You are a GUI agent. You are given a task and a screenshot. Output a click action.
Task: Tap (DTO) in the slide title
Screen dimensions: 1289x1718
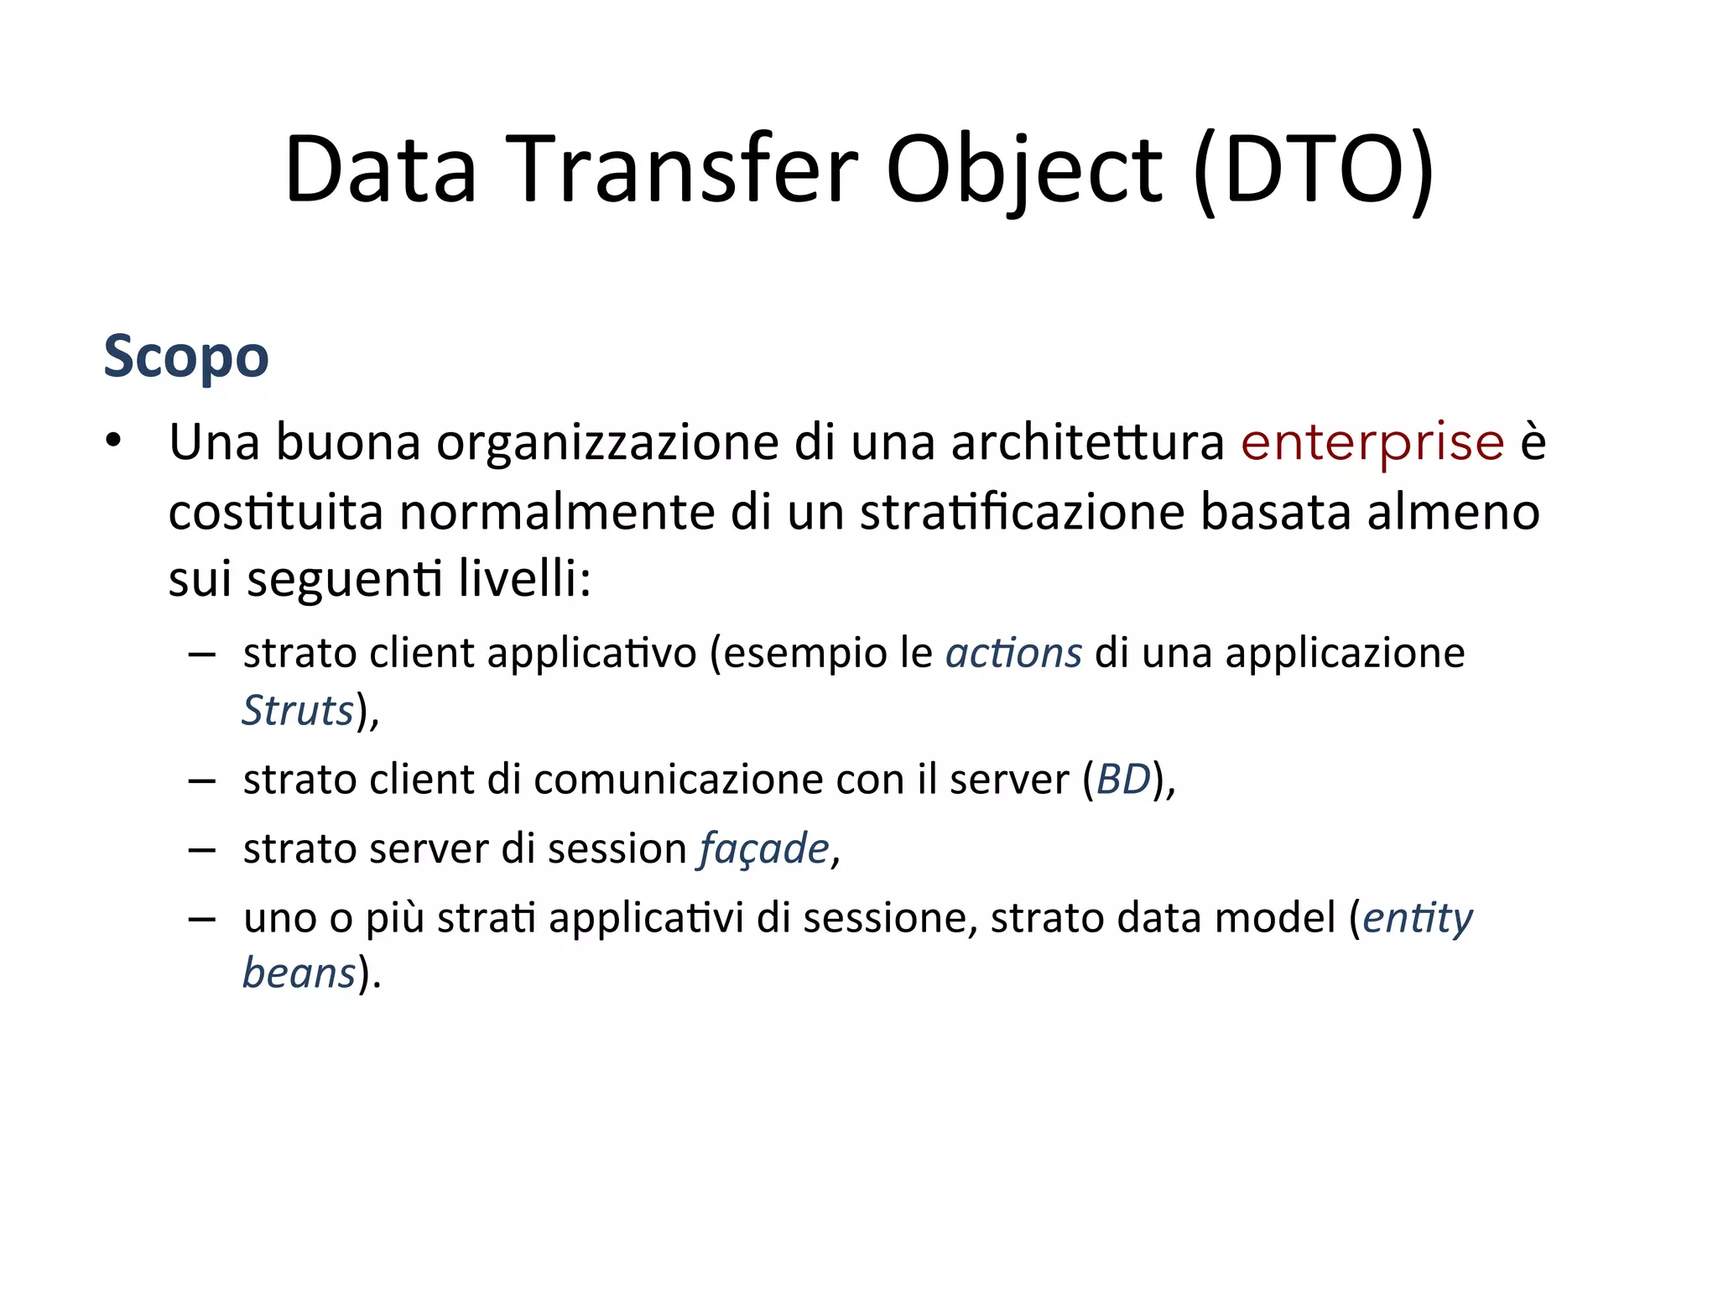point(1313,170)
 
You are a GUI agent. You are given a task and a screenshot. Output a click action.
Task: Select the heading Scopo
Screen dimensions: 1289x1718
point(186,357)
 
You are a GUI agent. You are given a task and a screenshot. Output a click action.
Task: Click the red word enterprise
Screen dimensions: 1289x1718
point(1372,442)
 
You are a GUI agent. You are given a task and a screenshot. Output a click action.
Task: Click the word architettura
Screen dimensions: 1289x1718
point(1087,442)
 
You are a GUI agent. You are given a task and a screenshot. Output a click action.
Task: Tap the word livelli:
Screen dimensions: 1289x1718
point(525,578)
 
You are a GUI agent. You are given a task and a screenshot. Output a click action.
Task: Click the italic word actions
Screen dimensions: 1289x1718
point(1013,653)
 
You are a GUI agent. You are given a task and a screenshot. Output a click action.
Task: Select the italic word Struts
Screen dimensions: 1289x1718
point(298,710)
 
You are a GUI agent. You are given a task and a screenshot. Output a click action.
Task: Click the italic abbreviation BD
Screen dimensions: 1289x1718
point(1123,780)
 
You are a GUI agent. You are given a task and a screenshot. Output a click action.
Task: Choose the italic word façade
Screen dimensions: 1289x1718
point(764,848)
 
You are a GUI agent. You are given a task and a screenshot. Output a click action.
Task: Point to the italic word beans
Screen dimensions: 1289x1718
point(299,973)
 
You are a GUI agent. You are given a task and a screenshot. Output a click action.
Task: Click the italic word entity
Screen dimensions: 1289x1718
point(1418,918)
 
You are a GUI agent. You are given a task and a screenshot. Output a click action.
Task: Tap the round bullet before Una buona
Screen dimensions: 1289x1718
point(113,441)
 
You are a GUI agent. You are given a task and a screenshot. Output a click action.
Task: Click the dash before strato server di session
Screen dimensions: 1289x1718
point(202,849)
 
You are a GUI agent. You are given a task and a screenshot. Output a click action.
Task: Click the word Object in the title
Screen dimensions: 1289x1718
point(1023,170)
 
